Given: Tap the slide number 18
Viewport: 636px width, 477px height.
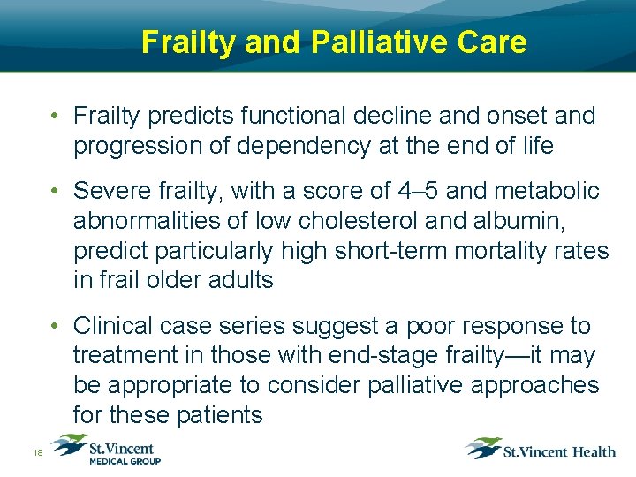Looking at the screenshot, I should (38, 452).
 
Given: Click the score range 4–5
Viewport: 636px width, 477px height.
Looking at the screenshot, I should (394, 191).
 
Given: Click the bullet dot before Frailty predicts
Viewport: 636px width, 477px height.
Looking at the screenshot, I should (55, 116).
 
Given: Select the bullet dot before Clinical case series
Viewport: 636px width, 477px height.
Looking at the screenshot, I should (55, 326).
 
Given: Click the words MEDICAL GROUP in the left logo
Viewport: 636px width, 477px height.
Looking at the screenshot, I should (125, 460).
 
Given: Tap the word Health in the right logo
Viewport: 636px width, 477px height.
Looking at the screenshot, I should (593, 451).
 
